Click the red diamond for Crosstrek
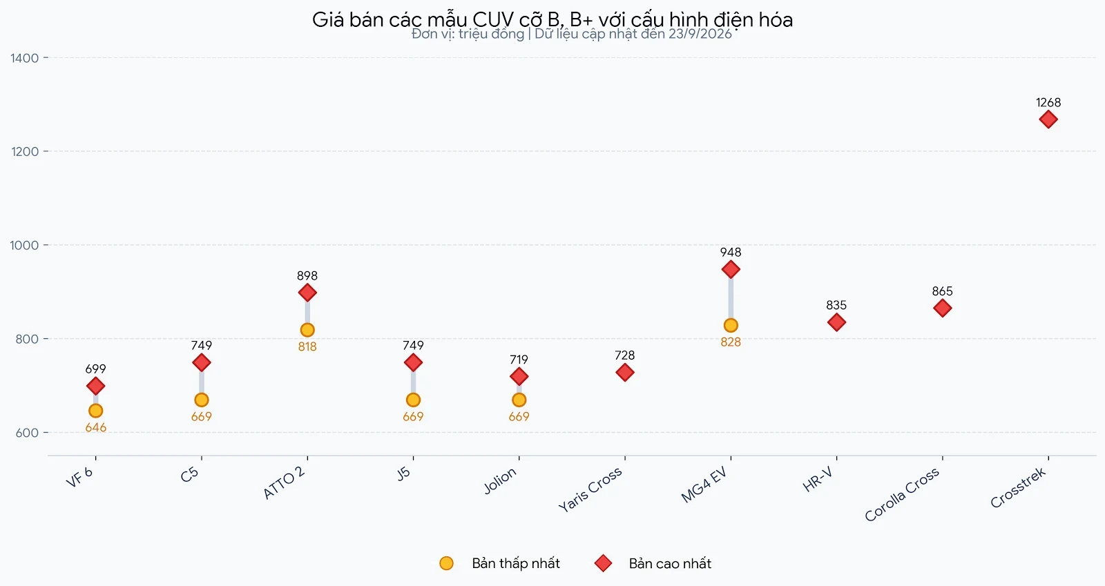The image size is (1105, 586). (x=1048, y=119)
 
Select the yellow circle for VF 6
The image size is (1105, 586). (x=96, y=411)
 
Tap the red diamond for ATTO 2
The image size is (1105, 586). (x=307, y=293)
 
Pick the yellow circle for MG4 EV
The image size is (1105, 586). (x=731, y=325)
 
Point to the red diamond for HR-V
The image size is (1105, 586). (x=836, y=322)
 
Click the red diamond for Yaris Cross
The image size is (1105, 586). (x=625, y=372)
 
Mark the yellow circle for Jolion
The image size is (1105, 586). (x=519, y=400)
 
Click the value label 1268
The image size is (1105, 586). (x=1048, y=103)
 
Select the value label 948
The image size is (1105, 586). (x=731, y=253)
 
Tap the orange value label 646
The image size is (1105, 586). (x=96, y=428)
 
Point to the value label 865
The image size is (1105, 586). (x=942, y=291)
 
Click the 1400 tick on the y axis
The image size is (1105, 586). (x=25, y=58)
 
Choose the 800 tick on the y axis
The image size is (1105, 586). (x=28, y=339)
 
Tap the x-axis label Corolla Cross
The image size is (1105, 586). (x=902, y=494)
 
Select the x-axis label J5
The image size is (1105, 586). (x=403, y=473)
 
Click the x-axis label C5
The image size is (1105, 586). (x=189, y=475)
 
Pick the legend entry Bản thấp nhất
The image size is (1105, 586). (x=499, y=563)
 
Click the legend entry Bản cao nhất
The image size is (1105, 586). (x=653, y=563)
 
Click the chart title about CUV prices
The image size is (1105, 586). (x=552, y=20)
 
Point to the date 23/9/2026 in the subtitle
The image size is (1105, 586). (x=700, y=34)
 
